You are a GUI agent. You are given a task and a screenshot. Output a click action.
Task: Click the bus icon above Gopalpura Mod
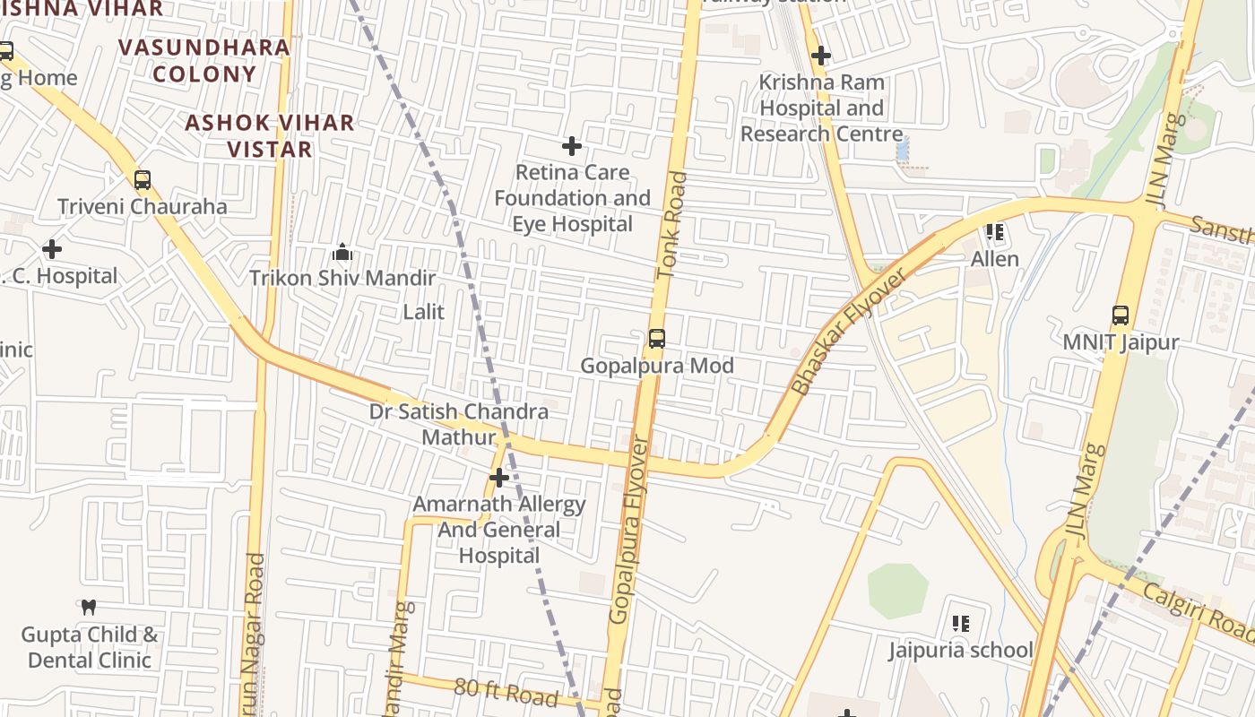[657, 339]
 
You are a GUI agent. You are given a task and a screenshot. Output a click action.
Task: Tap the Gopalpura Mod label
[657, 366]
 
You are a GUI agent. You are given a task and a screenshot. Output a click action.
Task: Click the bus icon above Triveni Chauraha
[143, 180]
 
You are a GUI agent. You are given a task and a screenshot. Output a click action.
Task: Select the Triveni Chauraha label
[143, 207]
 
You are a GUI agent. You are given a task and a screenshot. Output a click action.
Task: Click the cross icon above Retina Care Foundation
[572, 145]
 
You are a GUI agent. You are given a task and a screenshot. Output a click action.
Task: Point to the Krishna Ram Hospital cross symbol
[820, 56]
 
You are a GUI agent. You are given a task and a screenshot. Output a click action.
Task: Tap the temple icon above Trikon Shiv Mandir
[342, 253]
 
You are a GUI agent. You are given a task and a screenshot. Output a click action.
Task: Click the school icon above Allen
[994, 232]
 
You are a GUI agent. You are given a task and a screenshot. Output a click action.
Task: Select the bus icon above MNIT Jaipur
[1121, 315]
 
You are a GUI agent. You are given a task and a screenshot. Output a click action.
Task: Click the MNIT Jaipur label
[1121, 342]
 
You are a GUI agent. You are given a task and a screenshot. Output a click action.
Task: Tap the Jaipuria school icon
[961, 623]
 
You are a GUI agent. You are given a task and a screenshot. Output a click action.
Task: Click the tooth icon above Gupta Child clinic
[89, 608]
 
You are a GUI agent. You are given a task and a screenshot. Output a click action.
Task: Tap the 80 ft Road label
[506, 691]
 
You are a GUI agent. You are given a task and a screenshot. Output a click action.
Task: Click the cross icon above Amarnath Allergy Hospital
[499, 478]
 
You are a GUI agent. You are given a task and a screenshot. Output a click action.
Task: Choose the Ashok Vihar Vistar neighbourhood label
[269, 136]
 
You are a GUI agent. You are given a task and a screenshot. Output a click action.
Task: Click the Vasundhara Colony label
[204, 60]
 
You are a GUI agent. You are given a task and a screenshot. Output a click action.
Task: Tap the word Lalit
[424, 312]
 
